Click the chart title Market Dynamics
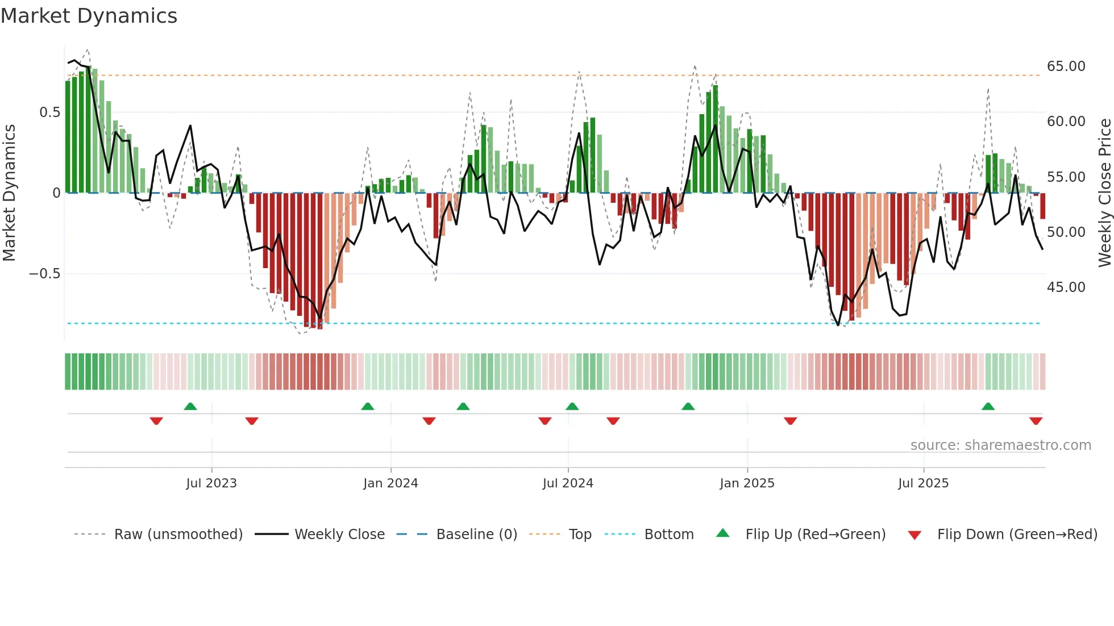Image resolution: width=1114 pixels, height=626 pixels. pos(89,16)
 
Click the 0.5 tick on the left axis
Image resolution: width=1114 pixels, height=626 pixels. pos(49,112)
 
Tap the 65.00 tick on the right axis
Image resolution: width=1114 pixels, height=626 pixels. pos(1066,66)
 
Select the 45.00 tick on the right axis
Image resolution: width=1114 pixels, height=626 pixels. pos(1066,287)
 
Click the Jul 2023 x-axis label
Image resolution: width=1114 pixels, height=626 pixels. pos(211,483)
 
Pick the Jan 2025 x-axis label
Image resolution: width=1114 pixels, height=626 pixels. pos(746,483)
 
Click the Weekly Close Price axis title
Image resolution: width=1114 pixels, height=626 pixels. pos(1104,193)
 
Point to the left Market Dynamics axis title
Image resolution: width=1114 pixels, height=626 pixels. pos(9,193)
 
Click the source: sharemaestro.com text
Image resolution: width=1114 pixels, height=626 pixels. pos(1000,445)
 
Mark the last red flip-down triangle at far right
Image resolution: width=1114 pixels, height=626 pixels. pos(1036,421)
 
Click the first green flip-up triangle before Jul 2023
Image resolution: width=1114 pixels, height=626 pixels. pos(190,406)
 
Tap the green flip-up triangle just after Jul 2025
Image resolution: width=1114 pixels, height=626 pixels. pos(988,406)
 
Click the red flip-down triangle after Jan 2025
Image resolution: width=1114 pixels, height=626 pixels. pos(790,421)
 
